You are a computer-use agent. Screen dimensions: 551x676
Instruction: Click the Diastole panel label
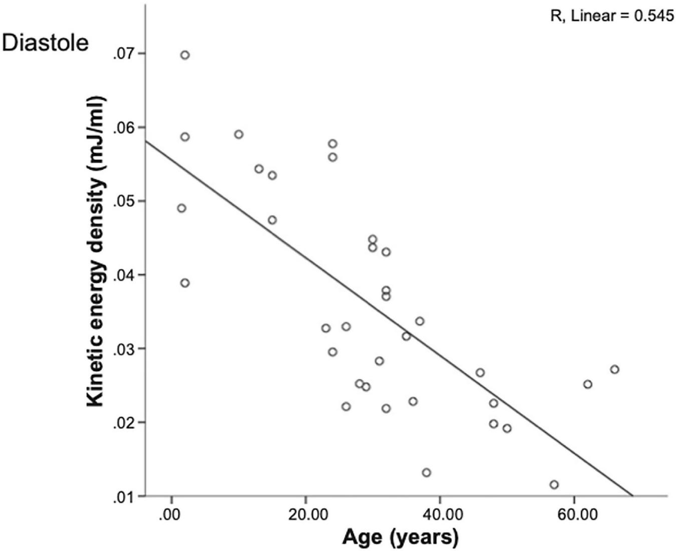pyautogui.click(x=45, y=43)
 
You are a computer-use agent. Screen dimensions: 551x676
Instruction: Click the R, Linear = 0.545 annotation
pyautogui.click(x=612, y=16)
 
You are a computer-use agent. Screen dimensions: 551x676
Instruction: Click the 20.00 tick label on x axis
pyautogui.click(x=305, y=515)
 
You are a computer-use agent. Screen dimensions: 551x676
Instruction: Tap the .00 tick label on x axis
pyautogui.click(x=171, y=515)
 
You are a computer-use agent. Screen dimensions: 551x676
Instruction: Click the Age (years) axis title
pyautogui.click(x=400, y=537)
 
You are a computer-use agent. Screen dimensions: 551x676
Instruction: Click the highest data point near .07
pyautogui.click(x=185, y=55)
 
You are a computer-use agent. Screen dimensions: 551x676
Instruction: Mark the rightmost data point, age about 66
pyautogui.click(x=614, y=369)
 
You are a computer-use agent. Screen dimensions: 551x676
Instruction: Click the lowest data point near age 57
pyautogui.click(x=554, y=484)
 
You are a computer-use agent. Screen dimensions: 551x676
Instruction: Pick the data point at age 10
pyautogui.click(x=238, y=134)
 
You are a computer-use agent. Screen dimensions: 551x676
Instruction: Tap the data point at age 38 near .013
pyautogui.click(x=426, y=472)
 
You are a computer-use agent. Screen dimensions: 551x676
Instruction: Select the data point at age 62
pyautogui.click(x=587, y=384)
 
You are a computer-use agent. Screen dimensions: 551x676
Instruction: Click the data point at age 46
pyautogui.click(x=480, y=372)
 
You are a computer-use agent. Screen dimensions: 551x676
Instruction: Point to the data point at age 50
pyautogui.click(x=507, y=428)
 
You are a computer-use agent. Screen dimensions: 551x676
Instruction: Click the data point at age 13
pyautogui.click(x=259, y=169)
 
